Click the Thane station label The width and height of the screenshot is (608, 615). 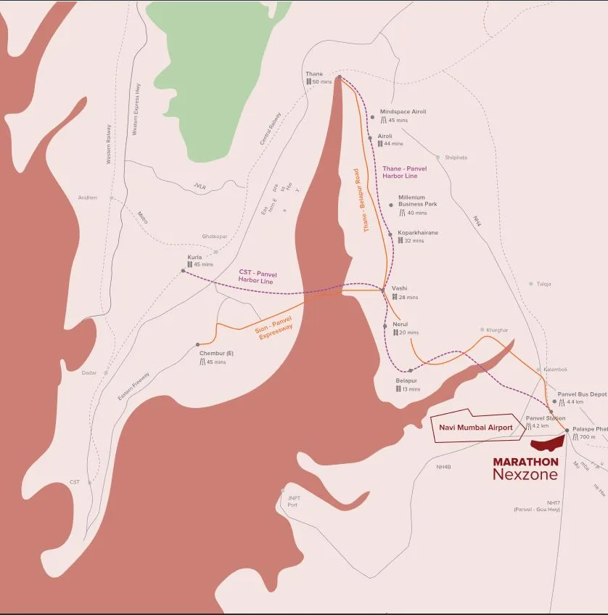[x=314, y=74]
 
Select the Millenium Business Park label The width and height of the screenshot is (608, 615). [x=417, y=200]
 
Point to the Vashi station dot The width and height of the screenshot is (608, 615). [x=383, y=290]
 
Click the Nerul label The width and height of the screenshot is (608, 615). [x=400, y=325]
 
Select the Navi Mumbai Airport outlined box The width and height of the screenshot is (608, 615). [x=475, y=428]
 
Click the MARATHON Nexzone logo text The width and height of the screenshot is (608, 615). [x=525, y=468]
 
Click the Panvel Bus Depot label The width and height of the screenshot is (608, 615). [x=582, y=394]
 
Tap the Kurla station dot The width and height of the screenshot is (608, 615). [x=184, y=271]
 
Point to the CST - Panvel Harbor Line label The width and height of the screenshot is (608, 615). [x=258, y=277]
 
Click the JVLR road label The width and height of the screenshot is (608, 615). [x=200, y=187]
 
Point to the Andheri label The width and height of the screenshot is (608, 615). [x=88, y=197]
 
